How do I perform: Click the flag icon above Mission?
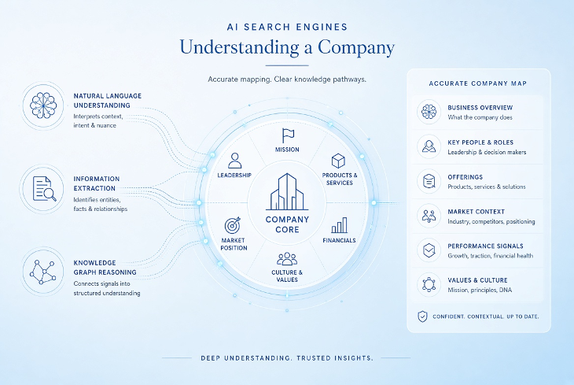(288, 135)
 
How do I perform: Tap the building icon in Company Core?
(287, 191)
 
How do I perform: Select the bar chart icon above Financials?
(340, 225)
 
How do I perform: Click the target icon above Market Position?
(233, 224)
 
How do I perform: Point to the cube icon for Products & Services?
(338, 161)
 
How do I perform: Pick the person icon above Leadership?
(234, 161)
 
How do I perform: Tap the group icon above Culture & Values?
(287, 259)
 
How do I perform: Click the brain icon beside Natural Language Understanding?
(43, 106)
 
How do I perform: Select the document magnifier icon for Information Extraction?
(44, 188)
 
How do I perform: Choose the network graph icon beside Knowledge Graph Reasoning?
(43, 272)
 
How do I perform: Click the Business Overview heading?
(480, 107)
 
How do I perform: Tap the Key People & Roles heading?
(480, 143)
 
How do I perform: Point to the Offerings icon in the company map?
(429, 181)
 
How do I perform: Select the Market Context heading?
(476, 212)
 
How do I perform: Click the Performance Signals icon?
(429, 250)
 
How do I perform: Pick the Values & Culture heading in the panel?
(477, 280)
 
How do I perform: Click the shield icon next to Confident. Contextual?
(422, 316)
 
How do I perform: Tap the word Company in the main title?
(356, 48)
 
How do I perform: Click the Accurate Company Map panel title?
(478, 83)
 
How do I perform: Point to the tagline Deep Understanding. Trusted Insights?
(287, 358)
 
